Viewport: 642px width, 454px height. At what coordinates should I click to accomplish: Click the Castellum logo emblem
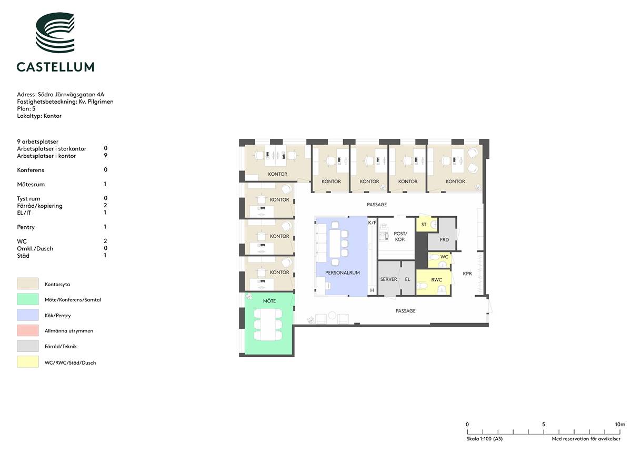click(x=55, y=33)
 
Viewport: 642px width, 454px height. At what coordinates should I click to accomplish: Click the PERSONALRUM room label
click(x=342, y=273)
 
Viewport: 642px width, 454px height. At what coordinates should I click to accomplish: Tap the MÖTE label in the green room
click(x=269, y=301)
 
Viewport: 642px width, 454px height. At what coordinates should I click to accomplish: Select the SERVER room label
click(x=389, y=279)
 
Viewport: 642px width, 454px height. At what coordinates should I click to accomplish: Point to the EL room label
click(x=407, y=279)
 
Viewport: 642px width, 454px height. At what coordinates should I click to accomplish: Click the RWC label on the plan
click(x=436, y=280)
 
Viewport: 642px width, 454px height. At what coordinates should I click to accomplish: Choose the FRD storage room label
click(x=444, y=239)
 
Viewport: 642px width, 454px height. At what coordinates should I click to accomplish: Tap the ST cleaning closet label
click(x=424, y=225)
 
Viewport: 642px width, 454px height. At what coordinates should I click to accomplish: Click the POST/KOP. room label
click(x=400, y=237)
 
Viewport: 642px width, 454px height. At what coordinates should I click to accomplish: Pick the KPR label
click(x=467, y=274)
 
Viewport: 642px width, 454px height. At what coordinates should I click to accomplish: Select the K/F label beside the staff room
click(x=372, y=223)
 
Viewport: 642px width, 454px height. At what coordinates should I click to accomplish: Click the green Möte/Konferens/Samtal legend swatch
click(x=27, y=299)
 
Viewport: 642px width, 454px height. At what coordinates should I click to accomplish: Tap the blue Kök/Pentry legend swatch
click(x=27, y=315)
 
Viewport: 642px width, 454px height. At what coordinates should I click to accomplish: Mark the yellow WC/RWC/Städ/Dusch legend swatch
click(x=27, y=361)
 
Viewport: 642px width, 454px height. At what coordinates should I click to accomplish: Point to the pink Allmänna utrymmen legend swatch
click(x=27, y=330)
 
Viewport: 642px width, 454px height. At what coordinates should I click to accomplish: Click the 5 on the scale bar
click(x=544, y=424)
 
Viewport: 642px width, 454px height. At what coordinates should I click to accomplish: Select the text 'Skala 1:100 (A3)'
click(x=484, y=439)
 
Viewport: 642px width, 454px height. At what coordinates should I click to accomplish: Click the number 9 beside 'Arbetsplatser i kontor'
click(x=105, y=155)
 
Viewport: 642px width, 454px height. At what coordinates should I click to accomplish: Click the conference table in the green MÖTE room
click(x=268, y=324)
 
